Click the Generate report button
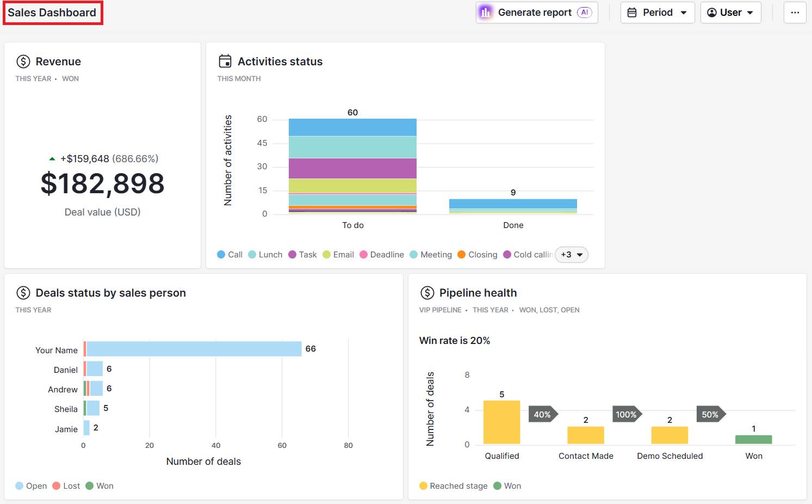(x=536, y=13)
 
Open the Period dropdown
(x=657, y=13)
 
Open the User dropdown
(x=730, y=13)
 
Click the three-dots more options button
(x=795, y=13)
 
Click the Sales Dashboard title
(x=52, y=13)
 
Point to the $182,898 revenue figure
(x=102, y=183)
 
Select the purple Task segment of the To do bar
(x=352, y=168)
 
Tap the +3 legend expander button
(x=571, y=255)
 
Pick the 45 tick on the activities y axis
(x=262, y=143)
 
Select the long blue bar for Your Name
(x=194, y=349)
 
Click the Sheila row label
(x=66, y=409)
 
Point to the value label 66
(x=311, y=349)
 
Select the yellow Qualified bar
(x=501, y=422)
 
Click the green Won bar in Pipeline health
(x=753, y=439)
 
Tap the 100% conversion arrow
(x=627, y=415)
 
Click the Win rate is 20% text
(x=455, y=341)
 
